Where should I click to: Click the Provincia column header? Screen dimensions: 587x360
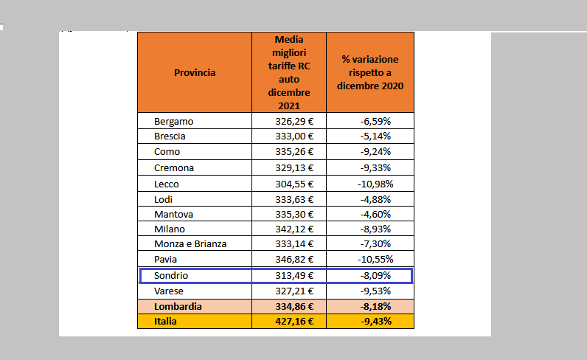coord(195,73)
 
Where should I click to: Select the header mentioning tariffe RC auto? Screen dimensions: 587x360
coord(289,73)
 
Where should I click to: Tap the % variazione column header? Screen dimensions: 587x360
coord(370,73)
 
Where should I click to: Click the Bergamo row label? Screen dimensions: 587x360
coord(174,122)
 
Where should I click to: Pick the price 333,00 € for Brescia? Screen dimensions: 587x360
coord(294,136)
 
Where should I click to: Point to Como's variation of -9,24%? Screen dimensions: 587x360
coord(375,152)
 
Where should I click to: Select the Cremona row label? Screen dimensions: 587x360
coord(174,167)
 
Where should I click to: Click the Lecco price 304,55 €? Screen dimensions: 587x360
coord(294,184)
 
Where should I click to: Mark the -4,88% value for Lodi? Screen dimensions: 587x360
coord(375,199)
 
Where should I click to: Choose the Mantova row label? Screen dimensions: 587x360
coord(173,214)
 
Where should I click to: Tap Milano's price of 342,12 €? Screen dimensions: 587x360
coord(294,229)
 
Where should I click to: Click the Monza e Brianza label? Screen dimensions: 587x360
coord(190,244)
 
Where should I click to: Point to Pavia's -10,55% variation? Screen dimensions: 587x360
coord(375,259)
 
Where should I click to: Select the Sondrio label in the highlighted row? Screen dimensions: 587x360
coord(171,276)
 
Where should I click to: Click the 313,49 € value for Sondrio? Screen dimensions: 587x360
coord(294,276)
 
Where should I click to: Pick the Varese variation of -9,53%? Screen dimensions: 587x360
coord(375,291)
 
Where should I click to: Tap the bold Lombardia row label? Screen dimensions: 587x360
coord(178,306)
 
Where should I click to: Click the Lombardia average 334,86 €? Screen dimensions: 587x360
coord(294,306)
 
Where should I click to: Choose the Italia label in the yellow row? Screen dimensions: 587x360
coord(165,322)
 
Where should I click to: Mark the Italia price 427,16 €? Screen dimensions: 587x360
coord(294,322)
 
